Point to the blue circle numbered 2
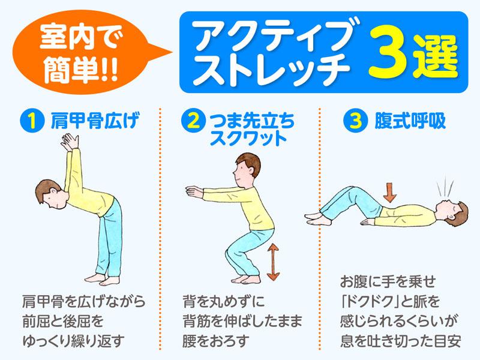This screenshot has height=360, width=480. point(191,122)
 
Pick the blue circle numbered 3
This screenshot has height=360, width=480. point(353,122)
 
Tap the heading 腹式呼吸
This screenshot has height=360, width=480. point(407,122)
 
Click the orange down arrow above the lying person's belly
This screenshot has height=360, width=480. point(390,191)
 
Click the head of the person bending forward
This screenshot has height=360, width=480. point(44,196)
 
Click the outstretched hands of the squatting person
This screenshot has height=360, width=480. point(191,191)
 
